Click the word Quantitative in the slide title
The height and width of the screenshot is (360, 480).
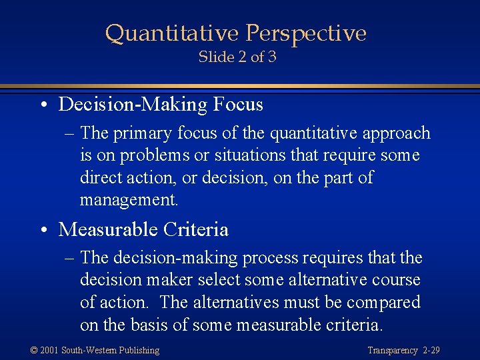pyautogui.click(x=172, y=33)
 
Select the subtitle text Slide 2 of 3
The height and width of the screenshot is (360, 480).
pyautogui.click(x=237, y=57)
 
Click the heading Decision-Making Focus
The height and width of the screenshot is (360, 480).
pyautogui.click(x=161, y=105)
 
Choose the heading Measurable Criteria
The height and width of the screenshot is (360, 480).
pyautogui.click(x=143, y=230)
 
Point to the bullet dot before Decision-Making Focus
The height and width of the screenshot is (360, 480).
pyautogui.click(x=43, y=105)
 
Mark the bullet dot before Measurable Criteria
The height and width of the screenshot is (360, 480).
pyautogui.click(x=43, y=231)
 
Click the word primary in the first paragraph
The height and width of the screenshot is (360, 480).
pyautogui.click(x=141, y=133)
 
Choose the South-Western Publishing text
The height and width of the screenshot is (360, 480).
pyautogui.click(x=111, y=350)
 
